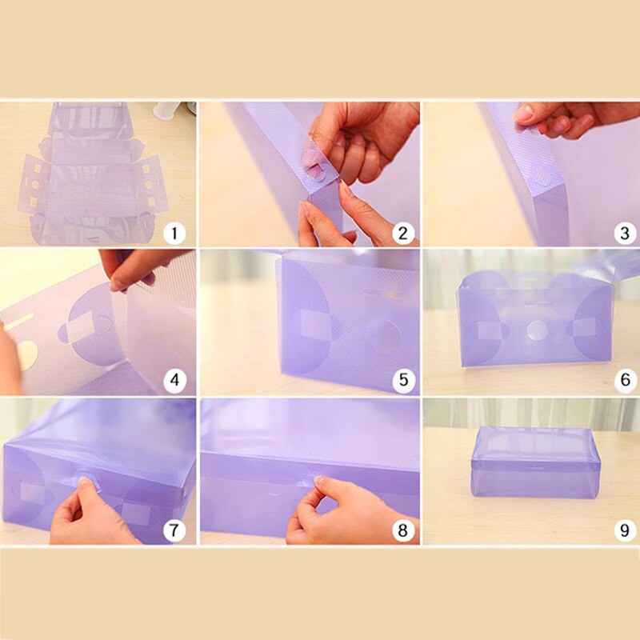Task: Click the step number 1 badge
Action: coord(174,233)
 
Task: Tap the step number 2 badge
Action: coord(403,233)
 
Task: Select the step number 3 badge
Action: coord(625,233)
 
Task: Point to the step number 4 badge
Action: coord(174,380)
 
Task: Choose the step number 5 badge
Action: coord(403,380)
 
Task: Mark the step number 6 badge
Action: coord(625,380)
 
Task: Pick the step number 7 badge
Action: coord(174,530)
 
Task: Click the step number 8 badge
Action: coord(403,530)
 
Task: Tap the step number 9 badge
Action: coord(625,530)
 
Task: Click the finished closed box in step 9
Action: coord(535,462)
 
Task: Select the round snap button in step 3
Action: coord(542,174)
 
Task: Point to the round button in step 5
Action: coord(382,331)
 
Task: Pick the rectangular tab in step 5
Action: coord(315,325)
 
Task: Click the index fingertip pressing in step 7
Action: coord(85,481)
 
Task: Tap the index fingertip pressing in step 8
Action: coord(321,480)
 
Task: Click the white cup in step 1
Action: coord(168,110)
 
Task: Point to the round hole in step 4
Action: coord(27,354)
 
